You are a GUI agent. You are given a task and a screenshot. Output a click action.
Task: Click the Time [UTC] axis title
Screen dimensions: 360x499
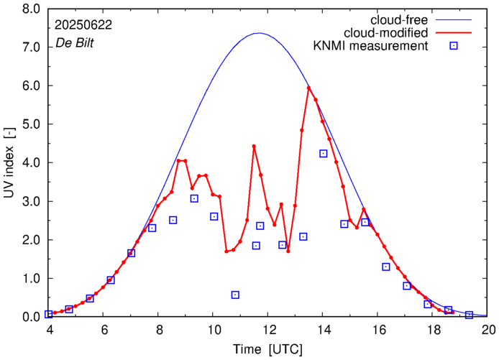tap(268, 349)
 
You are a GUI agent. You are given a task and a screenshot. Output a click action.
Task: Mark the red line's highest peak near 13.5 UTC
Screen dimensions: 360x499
tap(308, 88)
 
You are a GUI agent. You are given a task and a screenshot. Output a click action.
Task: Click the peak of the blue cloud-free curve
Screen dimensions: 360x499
tap(258, 33)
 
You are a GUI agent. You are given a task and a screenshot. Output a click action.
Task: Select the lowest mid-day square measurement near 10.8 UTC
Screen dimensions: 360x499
tap(235, 295)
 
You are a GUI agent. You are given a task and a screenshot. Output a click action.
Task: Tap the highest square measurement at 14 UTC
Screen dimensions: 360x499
tap(324, 153)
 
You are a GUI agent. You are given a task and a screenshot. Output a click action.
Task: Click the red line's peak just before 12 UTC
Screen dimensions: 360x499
tap(254, 146)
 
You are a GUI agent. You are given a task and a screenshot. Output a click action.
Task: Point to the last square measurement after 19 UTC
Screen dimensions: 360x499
tap(469, 315)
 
